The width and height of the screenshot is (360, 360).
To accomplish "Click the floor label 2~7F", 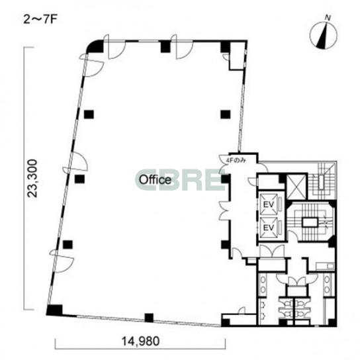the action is pyautogui.click(x=40, y=20).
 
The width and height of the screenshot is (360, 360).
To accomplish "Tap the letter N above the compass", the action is pyautogui.click(x=328, y=18).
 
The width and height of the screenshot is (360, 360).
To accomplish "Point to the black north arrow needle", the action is pyautogui.click(x=323, y=35).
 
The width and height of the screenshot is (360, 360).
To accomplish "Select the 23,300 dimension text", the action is pyautogui.click(x=32, y=178).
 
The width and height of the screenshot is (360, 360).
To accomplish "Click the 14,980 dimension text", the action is pyautogui.click(x=140, y=341).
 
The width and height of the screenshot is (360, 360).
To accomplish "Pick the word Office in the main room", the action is pyautogui.click(x=156, y=180).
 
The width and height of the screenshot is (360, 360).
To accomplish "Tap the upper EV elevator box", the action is pyautogui.click(x=269, y=204).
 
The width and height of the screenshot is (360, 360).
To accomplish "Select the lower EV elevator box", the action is pyautogui.click(x=269, y=227).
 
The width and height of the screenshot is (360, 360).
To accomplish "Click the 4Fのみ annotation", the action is pyautogui.click(x=236, y=161).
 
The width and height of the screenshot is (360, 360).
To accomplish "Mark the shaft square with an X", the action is pyautogui.click(x=296, y=187).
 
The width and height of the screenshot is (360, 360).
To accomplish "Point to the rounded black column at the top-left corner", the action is pyautogui.click(x=95, y=46).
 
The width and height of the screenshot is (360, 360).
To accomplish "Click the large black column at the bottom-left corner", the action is pyautogui.click(x=54, y=310).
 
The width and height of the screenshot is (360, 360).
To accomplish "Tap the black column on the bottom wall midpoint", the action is pyautogui.click(x=149, y=318).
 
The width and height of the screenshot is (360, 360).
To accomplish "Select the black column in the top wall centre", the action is pyautogui.click(x=165, y=46).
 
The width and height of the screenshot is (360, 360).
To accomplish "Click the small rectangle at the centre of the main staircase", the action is pyautogui.click(x=310, y=222).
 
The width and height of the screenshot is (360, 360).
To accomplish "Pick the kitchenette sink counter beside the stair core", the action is pyautogui.click(x=325, y=266).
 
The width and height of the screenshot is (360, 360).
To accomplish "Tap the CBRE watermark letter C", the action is pyautogui.click(x=148, y=180).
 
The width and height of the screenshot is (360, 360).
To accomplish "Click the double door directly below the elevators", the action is pyautogui.click(x=272, y=251).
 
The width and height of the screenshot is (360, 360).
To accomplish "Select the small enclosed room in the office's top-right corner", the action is pyautogui.click(x=237, y=56).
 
